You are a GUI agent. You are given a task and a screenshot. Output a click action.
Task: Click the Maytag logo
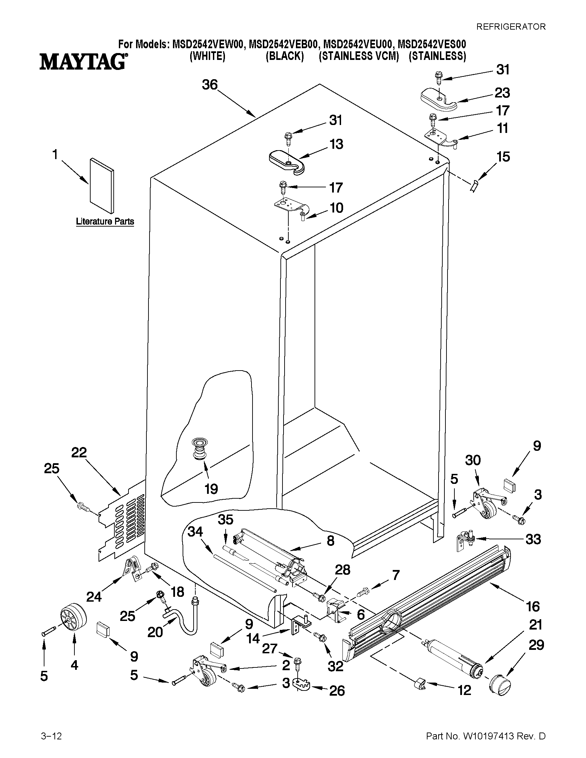pos(83,62)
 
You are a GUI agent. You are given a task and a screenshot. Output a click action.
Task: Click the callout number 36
pos(210,85)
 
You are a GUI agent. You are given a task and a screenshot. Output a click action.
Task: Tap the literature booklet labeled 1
pos(101,186)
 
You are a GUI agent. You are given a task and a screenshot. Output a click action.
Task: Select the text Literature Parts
pos(105,221)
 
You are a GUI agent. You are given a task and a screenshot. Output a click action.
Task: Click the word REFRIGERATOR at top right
pos(510,27)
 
